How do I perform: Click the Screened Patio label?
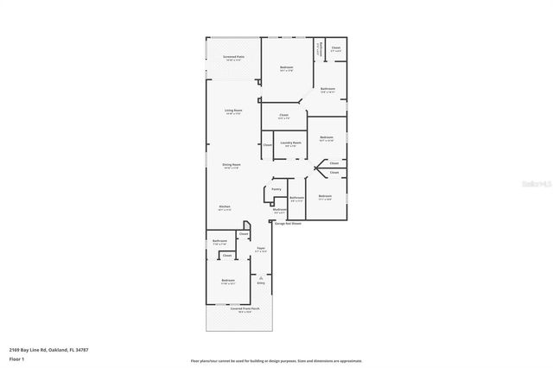pyautogui.click(x=233, y=57)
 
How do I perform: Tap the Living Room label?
pyautogui.click(x=233, y=111)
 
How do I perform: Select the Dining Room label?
pyautogui.click(x=232, y=164)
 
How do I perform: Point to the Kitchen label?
pyautogui.click(x=225, y=207)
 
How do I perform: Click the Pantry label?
pyautogui.click(x=276, y=189)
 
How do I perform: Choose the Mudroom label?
pyautogui.click(x=279, y=210)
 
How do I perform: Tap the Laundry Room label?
pyautogui.click(x=292, y=143)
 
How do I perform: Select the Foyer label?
pyautogui.click(x=260, y=249)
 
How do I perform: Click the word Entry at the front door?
pyautogui.click(x=260, y=282)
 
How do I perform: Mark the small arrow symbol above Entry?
pyautogui.click(x=260, y=274)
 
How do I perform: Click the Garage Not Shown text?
pyautogui.click(x=288, y=223)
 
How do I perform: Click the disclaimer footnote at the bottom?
pyautogui.click(x=276, y=361)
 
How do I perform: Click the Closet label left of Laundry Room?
pyautogui.click(x=267, y=144)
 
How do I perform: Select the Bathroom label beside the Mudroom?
pyautogui.click(x=297, y=198)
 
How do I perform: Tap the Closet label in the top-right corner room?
pyautogui.click(x=335, y=48)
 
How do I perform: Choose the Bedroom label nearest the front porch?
pyautogui.click(x=227, y=281)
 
